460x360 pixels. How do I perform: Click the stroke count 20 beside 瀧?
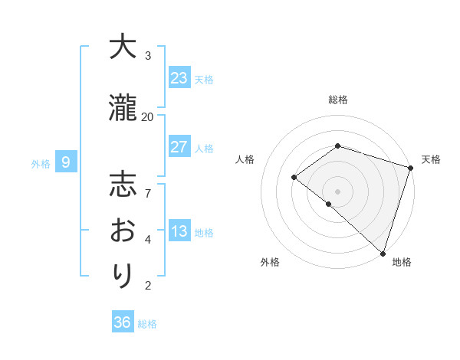click(147, 116)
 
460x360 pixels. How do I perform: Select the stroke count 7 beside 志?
click(147, 185)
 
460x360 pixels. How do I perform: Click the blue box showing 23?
click(179, 77)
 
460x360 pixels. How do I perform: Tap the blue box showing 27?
click(179, 147)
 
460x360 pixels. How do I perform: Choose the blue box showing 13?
click(179, 231)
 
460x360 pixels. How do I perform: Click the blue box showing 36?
click(123, 322)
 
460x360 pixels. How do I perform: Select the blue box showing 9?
click(66, 162)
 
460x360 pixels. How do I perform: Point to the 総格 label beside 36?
click(147, 324)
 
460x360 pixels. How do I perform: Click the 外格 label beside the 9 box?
click(41, 163)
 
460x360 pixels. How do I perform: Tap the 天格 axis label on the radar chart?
click(431, 159)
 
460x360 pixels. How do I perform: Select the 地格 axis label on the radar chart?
click(402, 262)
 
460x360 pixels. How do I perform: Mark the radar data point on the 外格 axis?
click(328, 204)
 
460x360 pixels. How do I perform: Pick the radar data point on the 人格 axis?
click(294, 178)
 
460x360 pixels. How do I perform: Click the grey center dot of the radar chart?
click(337, 191)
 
